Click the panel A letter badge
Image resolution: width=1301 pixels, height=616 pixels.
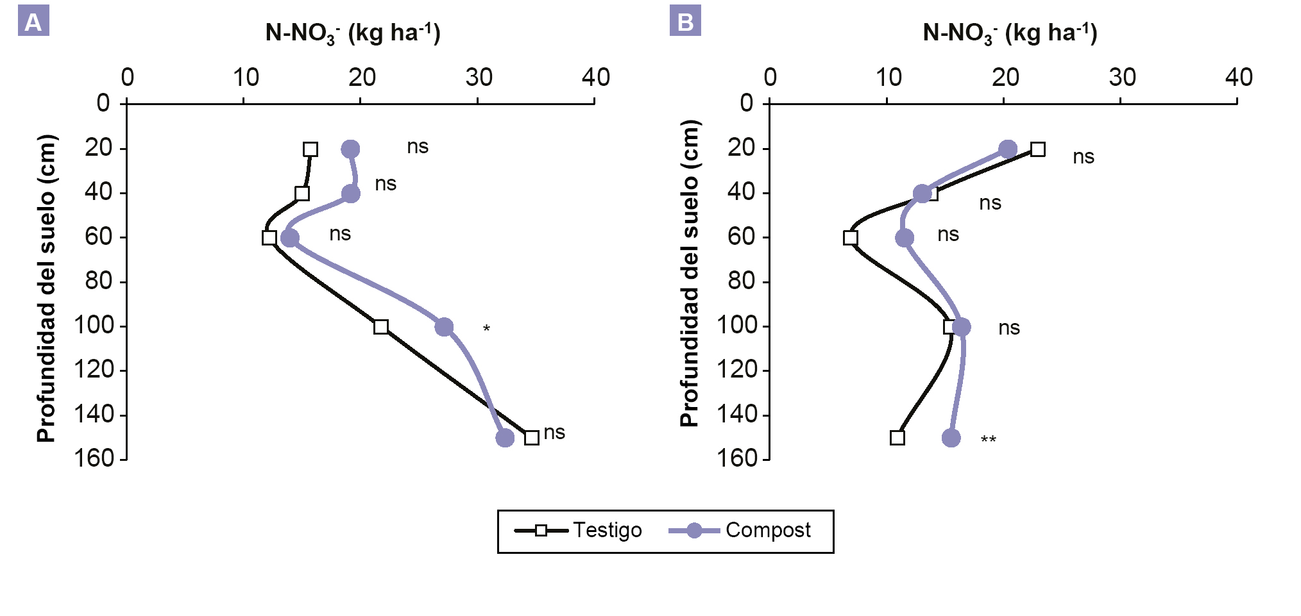(x=33, y=21)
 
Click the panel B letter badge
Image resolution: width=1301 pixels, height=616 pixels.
(x=685, y=21)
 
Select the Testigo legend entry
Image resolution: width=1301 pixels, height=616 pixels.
(x=577, y=530)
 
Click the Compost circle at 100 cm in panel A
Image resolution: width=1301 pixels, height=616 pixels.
(x=444, y=327)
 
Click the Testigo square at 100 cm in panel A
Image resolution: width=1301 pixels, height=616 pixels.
(x=381, y=327)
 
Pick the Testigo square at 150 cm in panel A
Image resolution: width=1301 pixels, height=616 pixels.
(x=531, y=438)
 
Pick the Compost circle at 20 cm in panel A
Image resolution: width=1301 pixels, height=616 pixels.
(x=350, y=149)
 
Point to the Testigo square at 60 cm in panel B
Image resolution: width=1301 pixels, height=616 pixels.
(x=851, y=238)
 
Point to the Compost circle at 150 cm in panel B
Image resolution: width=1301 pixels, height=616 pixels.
(x=951, y=438)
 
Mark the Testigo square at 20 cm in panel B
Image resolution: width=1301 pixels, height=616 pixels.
(x=1038, y=149)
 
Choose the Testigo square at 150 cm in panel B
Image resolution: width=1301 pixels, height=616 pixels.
(x=897, y=438)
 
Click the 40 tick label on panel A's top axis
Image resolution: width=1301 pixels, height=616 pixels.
(x=595, y=78)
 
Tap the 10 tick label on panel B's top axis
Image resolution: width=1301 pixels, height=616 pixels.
(x=889, y=78)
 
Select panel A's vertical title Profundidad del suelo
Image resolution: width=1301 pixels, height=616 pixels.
(x=47, y=288)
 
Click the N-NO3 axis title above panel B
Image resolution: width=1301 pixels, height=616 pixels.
(x=1010, y=33)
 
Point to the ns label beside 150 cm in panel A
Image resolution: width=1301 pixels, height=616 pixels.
(x=554, y=433)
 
